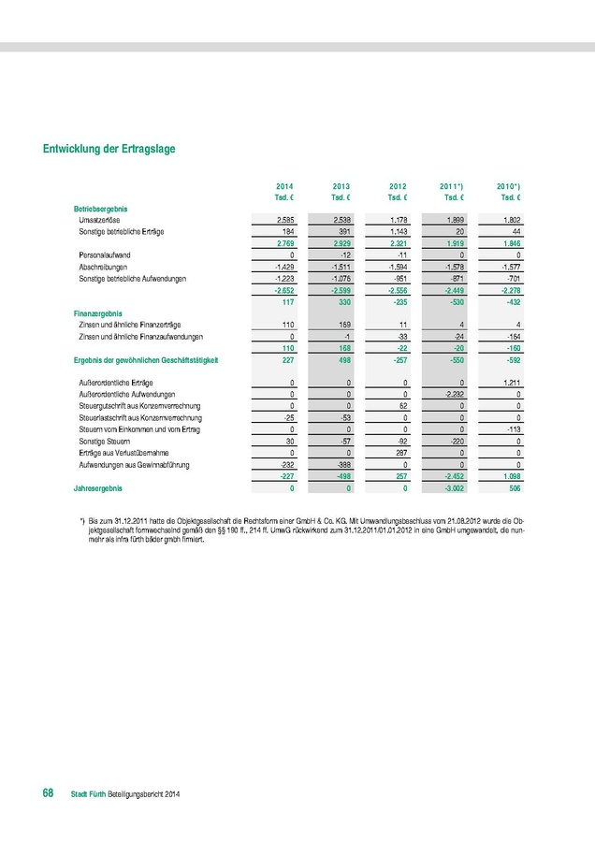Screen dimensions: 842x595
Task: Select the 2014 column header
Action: coord(284,187)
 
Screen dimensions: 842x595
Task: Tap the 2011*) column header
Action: coord(454,187)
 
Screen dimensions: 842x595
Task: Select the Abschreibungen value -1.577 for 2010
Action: coord(506,267)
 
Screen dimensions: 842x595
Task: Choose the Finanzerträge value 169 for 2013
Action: coord(345,324)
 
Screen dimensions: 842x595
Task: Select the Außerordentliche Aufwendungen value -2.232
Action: coord(452,395)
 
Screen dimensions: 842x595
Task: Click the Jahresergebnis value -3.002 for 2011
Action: coord(452,488)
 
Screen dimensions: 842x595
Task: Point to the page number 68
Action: coord(46,793)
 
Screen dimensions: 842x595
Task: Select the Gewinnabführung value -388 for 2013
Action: coord(342,464)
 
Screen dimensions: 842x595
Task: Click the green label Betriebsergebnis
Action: coord(100,207)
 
